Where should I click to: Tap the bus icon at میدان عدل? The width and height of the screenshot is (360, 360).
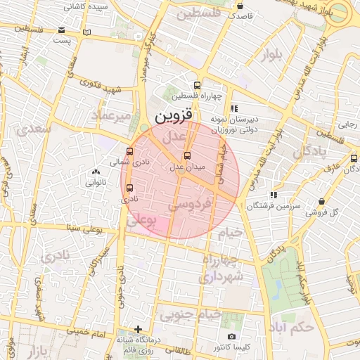pos(186,156)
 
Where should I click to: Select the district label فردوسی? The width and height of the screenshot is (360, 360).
pos(191,206)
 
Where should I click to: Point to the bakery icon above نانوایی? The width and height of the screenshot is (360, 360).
pos(96,172)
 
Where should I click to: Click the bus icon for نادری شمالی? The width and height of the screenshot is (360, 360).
pos(129,150)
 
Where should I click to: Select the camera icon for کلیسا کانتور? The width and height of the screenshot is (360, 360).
pos(232,337)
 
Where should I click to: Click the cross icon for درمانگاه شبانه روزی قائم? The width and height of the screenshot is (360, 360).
pos(139,329)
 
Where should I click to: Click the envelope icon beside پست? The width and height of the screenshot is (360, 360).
pos(62,30)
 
